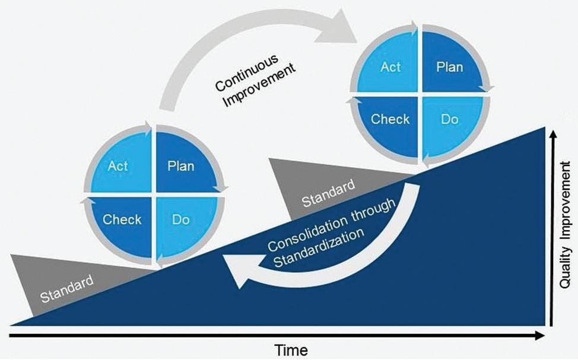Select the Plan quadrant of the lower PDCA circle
click(180, 166)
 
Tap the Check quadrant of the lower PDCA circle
click(122, 219)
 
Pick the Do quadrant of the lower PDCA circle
click(180, 219)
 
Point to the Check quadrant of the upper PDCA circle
click(390, 119)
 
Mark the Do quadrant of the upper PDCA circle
click(449, 119)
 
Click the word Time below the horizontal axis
click(290, 350)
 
